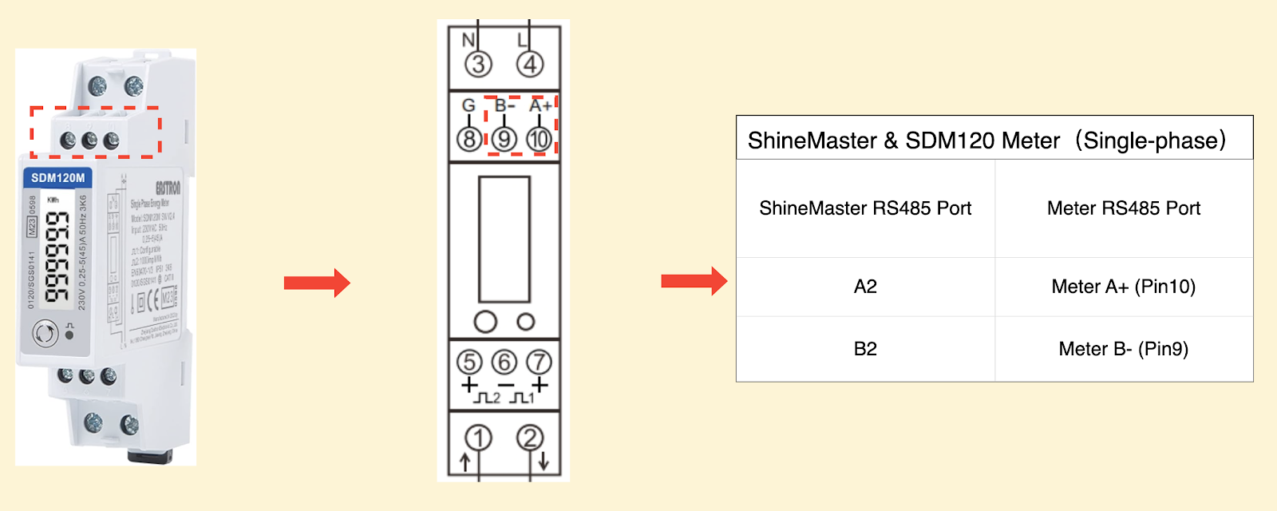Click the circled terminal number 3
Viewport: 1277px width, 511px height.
478,65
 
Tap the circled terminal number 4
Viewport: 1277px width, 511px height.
530,65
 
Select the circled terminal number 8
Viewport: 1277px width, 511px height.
469,139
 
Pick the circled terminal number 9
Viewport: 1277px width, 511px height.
504,139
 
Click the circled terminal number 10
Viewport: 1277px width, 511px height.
539,139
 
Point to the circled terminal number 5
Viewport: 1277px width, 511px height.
469,362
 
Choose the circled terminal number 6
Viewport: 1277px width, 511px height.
504,362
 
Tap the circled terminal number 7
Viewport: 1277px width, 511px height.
539,362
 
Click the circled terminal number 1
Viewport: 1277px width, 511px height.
479,438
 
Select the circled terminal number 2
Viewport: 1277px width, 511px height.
530,438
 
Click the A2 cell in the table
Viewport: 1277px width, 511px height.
865,287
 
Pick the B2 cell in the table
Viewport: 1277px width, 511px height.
865,349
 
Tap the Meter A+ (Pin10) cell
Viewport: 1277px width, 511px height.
1123,287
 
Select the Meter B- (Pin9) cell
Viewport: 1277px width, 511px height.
1123,349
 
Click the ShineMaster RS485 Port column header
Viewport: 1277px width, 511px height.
865,208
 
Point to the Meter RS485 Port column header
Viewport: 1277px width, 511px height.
1123,208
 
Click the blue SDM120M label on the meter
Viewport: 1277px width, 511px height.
57,178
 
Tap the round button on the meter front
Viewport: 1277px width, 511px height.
45,333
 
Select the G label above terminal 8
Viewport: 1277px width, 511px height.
468,105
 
